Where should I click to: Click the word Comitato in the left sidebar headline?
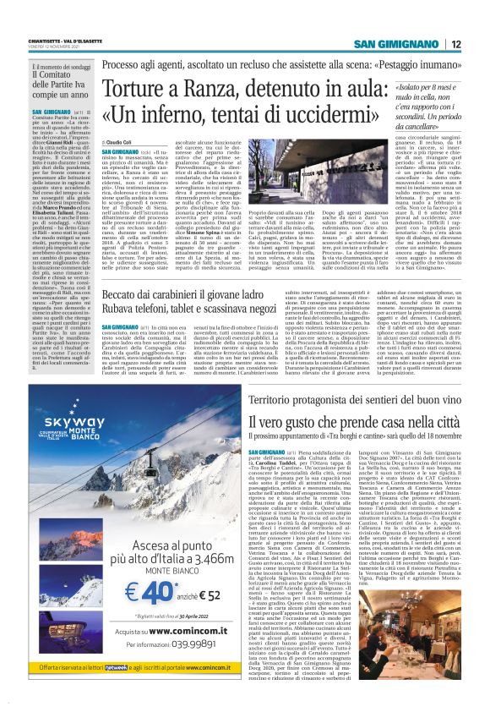46,76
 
